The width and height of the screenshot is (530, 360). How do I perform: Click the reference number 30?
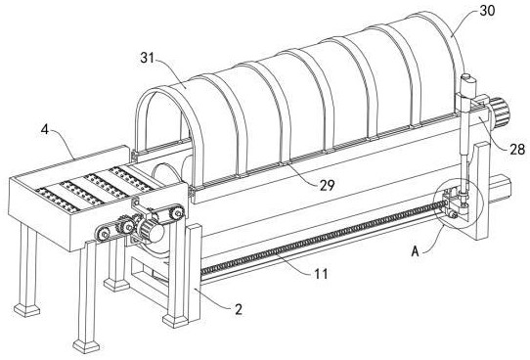pyautogui.click(x=487, y=11)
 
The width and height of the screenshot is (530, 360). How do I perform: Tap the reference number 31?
pyautogui.click(x=148, y=58)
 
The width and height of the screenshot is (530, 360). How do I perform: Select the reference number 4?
pyautogui.click(x=45, y=129)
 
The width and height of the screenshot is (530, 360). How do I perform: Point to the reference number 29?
pyautogui.click(x=328, y=185)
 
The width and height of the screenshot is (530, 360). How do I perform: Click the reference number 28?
pyautogui.click(x=517, y=149)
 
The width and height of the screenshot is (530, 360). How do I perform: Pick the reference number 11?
pyautogui.click(x=322, y=274)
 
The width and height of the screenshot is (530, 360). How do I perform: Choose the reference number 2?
pyautogui.click(x=239, y=309)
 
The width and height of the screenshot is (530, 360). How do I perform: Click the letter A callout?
pyautogui.click(x=415, y=251)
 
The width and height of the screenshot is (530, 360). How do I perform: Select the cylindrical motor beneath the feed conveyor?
pyautogui.click(x=152, y=231)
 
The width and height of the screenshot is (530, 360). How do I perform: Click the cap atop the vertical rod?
pyautogui.click(x=468, y=79)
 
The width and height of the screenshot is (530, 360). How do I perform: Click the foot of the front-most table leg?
pyautogui.click(x=86, y=346)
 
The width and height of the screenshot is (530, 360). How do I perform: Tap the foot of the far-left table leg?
pyautogui.click(x=27, y=310)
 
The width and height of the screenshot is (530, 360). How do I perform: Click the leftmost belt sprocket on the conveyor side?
pyautogui.click(x=104, y=233)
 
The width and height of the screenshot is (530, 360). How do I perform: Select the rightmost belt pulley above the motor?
pyautogui.click(x=177, y=212)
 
